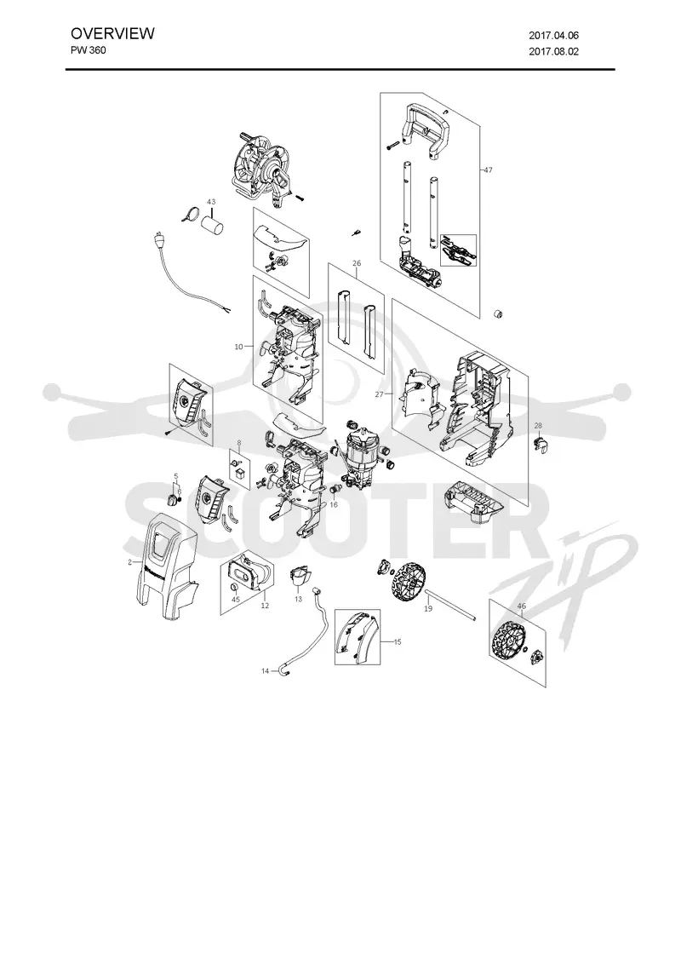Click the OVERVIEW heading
coord(112,33)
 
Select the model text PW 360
coord(89,50)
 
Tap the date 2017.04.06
coord(554,36)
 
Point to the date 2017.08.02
coord(554,52)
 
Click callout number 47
coord(489,170)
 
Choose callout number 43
coord(211,201)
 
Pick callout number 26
coord(357,263)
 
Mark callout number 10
coord(239,347)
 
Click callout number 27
coord(380,394)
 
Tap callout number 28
coord(538,425)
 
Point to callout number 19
coord(428,608)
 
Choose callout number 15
coord(398,642)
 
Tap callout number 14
coord(265,671)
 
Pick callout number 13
coord(298,600)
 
